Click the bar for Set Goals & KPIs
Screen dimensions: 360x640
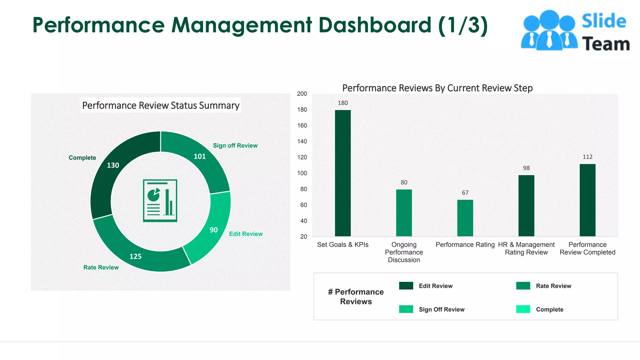coord(342,173)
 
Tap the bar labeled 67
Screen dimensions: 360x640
coord(465,218)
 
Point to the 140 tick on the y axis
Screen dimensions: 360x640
coord(302,141)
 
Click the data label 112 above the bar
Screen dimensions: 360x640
coord(587,157)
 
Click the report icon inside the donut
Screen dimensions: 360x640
coord(160,200)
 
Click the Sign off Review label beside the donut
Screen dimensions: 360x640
coord(235,146)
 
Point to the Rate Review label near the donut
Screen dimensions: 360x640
coord(101,267)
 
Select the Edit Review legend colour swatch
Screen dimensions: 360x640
coord(406,286)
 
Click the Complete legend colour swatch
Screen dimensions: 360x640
coord(523,309)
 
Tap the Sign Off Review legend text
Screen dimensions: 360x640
coord(441,309)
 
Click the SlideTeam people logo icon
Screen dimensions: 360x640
coord(549,31)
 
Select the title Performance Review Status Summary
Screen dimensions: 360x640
coord(161,105)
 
